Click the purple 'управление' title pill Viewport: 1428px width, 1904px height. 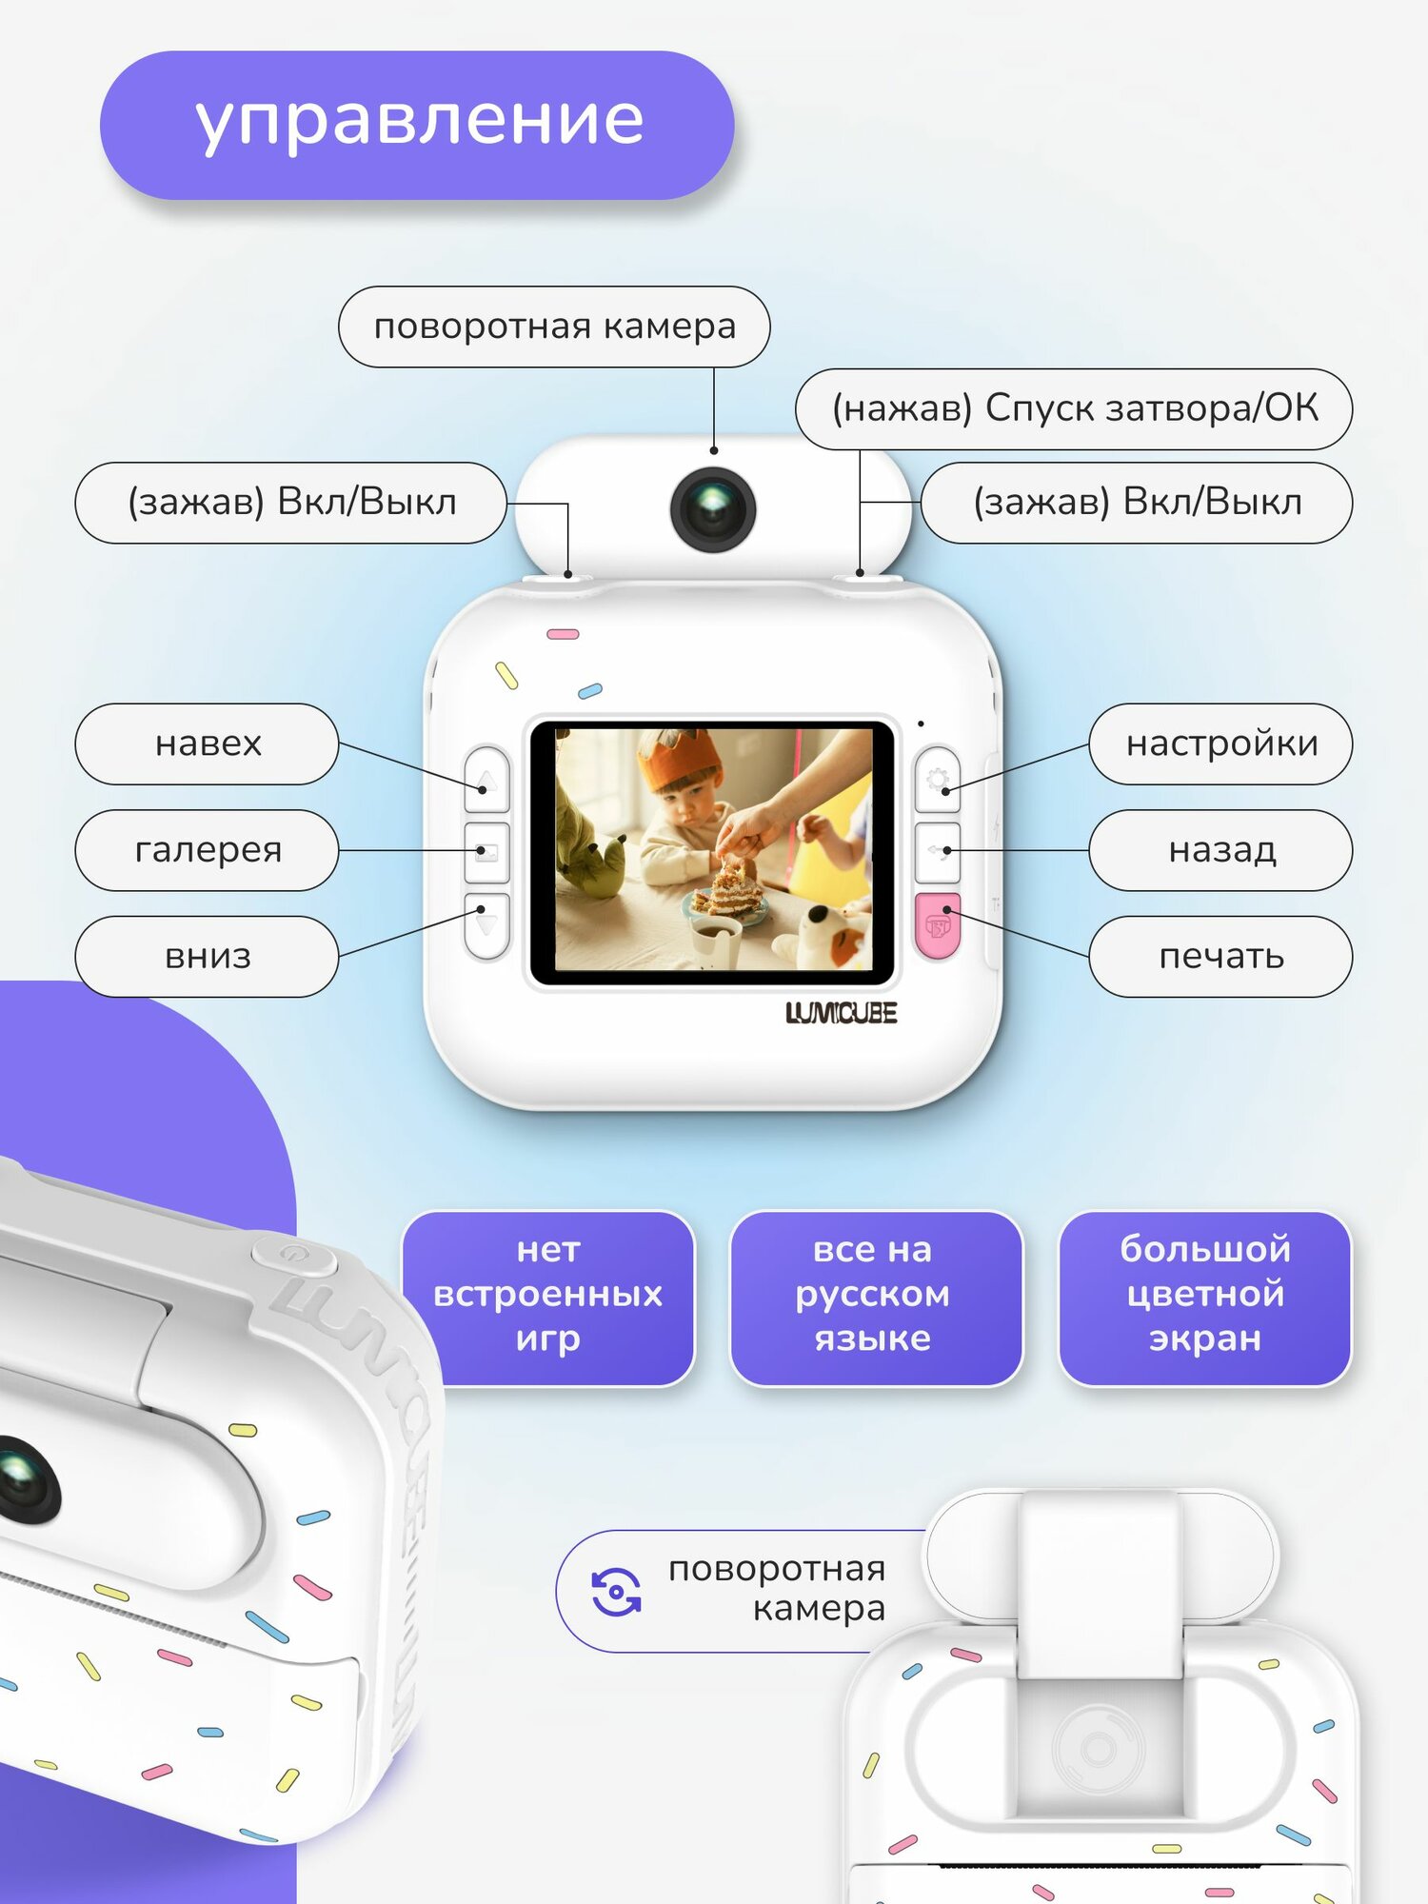(x=417, y=125)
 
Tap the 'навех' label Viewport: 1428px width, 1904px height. (x=207, y=744)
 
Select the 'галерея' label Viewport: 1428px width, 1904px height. (x=207, y=850)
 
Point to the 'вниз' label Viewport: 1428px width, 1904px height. (x=207, y=957)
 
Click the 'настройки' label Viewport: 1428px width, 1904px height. (x=1220, y=744)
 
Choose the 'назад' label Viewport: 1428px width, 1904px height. (x=1220, y=850)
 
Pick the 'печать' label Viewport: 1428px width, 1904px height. (x=1220, y=957)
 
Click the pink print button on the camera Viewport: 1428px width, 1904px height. (x=938, y=925)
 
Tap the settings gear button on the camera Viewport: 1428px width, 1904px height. (x=938, y=780)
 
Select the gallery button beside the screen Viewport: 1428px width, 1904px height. (x=486, y=852)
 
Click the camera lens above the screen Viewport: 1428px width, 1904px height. (x=713, y=509)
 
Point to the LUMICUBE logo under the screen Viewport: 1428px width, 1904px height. (x=841, y=1013)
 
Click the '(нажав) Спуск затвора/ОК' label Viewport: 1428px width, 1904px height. (x=1074, y=409)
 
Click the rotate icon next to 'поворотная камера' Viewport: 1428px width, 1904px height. (x=617, y=1592)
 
